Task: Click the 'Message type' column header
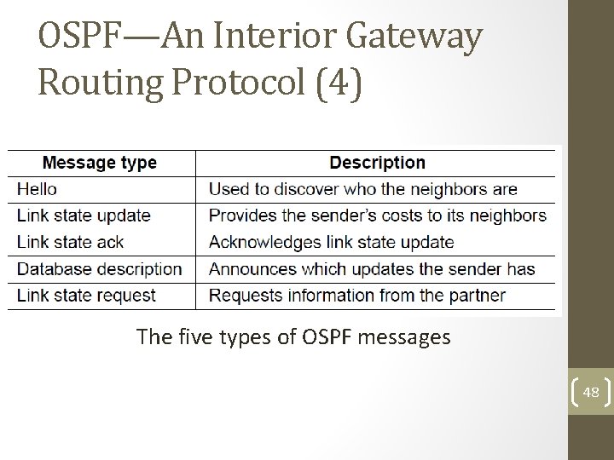point(100,162)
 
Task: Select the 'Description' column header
point(377,162)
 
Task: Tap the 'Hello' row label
point(36,189)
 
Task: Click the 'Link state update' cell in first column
point(84,216)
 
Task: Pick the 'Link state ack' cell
point(70,242)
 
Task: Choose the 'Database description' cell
point(99,269)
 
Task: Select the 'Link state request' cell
point(86,296)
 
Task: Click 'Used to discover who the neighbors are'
point(362,189)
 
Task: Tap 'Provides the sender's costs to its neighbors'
point(377,216)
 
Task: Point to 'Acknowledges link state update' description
point(331,242)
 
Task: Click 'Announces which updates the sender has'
point(372,269)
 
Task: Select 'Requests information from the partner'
point(356,296)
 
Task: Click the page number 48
point(590,393)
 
